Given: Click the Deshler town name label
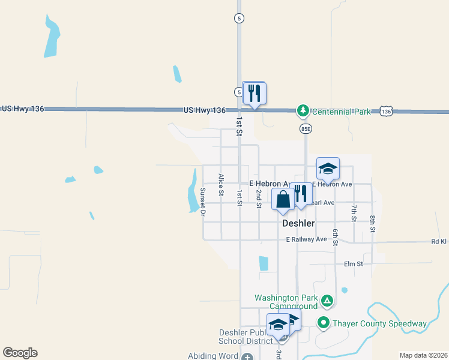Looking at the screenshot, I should point(298,223).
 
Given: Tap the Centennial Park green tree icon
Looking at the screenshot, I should point(303,110).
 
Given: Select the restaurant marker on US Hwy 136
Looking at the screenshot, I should point(255,93).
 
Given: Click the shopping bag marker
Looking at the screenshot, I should point(283,199).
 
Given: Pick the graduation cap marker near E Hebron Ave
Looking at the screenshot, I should point(328,169).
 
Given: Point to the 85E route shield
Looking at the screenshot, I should point(306,128).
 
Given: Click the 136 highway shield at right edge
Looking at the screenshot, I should point(386,112).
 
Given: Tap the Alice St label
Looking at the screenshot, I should point(221,185).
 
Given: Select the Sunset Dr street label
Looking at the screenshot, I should point(203,202).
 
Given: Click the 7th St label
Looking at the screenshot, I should point(354,213).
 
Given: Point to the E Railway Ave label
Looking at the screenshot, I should point(306,239).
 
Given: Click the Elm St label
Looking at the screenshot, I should point(354,263).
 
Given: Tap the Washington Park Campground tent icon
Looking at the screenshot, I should point(327,300).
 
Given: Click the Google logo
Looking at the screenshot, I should point(20,353).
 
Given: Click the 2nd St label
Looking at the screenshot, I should point(259,198).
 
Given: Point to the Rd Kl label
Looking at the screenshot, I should point(439,242).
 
